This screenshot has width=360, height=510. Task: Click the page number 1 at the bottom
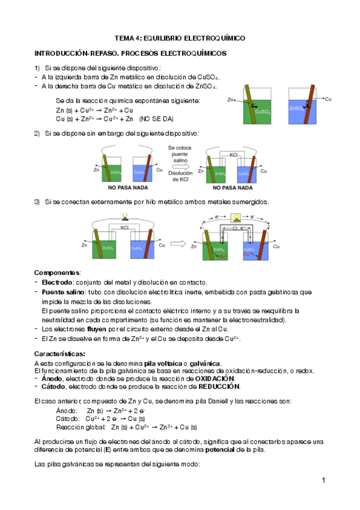pos(323,480)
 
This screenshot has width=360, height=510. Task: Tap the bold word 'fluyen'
pos(97,329)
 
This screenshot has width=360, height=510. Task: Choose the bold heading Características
pos(59,353)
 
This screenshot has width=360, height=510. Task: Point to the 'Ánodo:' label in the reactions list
pos(66,410)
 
